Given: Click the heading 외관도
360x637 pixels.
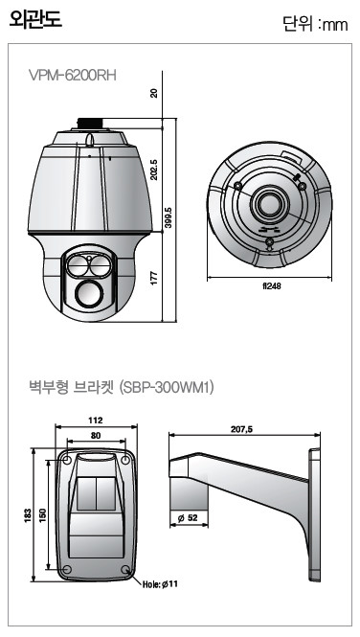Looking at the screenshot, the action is coord(35,19).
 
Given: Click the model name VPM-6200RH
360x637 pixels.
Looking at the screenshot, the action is coord(73,75).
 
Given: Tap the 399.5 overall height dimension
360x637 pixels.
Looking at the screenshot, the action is coord(169,217).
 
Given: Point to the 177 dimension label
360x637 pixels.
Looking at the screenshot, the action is coord(154,279).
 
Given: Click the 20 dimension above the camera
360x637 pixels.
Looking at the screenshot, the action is coord(154,94).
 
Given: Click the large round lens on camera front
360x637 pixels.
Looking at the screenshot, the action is coord(87,293).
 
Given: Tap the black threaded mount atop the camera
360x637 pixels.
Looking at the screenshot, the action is coord(90,124).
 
